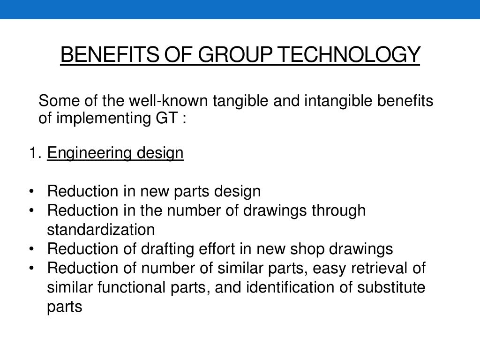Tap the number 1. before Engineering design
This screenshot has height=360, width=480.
(35, 153)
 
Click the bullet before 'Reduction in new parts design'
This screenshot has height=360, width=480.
(31, 191)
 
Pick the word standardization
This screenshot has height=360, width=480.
(101, 230)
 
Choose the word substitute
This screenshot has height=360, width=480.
(391, 287)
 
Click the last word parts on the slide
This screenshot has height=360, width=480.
(65, 307)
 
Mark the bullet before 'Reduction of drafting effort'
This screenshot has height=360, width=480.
(31, 249)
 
